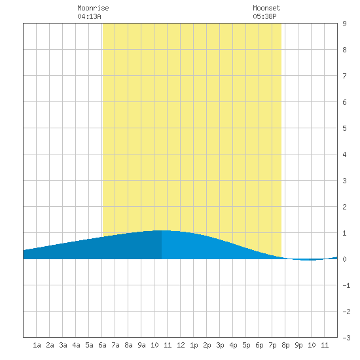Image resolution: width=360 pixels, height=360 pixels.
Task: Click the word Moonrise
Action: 93,8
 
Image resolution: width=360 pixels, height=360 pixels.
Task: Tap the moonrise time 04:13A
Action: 89,16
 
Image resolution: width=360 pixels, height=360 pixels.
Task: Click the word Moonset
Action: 266,8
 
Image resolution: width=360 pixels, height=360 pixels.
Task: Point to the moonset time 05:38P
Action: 264,16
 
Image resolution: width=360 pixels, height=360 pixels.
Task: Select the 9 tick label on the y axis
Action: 344,24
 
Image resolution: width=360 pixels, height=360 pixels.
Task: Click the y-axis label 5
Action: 344,128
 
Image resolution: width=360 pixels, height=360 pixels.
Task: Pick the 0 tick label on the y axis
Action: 344,259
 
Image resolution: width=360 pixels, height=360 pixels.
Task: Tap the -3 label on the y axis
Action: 346,338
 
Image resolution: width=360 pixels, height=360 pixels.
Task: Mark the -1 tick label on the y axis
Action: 346,285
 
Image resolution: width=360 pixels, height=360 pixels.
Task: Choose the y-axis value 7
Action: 344,76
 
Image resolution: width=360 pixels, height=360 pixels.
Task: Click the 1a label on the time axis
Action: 37,345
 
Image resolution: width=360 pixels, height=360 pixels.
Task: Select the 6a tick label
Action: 102,345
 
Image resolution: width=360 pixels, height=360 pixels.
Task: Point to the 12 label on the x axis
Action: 181,345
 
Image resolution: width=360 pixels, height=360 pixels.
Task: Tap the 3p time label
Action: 220,345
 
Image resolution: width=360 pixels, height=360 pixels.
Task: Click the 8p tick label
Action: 285,345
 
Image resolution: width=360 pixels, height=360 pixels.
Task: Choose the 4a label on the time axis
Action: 76,345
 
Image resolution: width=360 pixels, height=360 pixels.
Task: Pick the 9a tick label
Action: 141,345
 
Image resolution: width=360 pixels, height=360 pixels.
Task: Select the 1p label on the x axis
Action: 194,345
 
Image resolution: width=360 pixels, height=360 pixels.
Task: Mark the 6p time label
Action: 259,345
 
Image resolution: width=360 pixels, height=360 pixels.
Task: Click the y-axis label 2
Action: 344,207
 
